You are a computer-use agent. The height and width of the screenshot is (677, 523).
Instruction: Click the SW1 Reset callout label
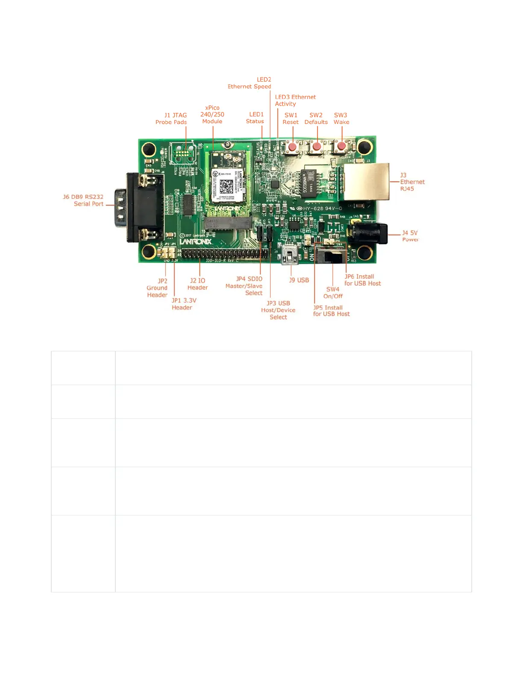coord(291,118)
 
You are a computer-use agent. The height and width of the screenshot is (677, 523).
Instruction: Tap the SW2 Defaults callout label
coord(316,118)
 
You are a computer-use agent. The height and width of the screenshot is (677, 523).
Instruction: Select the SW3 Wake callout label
coord(341,118)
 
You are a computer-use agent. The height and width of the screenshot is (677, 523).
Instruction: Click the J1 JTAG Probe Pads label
coord(171,118)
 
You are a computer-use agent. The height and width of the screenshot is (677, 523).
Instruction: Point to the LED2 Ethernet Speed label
coord(250,83)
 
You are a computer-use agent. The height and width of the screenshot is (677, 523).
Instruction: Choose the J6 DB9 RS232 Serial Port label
coord(83,200)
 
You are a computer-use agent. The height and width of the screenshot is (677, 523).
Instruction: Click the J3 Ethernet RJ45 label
coord(411,182)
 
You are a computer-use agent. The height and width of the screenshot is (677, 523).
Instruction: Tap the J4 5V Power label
coord(410,236)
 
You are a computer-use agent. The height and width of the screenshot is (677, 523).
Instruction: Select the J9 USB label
coord(299,280)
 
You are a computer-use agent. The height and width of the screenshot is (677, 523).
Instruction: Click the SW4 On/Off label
coord(333,292)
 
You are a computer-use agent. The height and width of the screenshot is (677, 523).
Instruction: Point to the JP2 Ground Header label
coord(157,288)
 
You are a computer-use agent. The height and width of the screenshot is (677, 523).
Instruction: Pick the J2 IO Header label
coord(197,284)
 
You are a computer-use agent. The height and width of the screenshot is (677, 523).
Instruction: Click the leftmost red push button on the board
coord(292,147)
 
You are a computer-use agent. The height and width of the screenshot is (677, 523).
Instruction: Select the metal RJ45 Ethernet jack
coord(367,181)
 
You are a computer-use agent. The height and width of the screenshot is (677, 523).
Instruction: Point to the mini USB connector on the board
coord(290,255)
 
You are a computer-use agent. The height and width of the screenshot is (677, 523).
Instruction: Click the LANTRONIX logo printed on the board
coord(196,241)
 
